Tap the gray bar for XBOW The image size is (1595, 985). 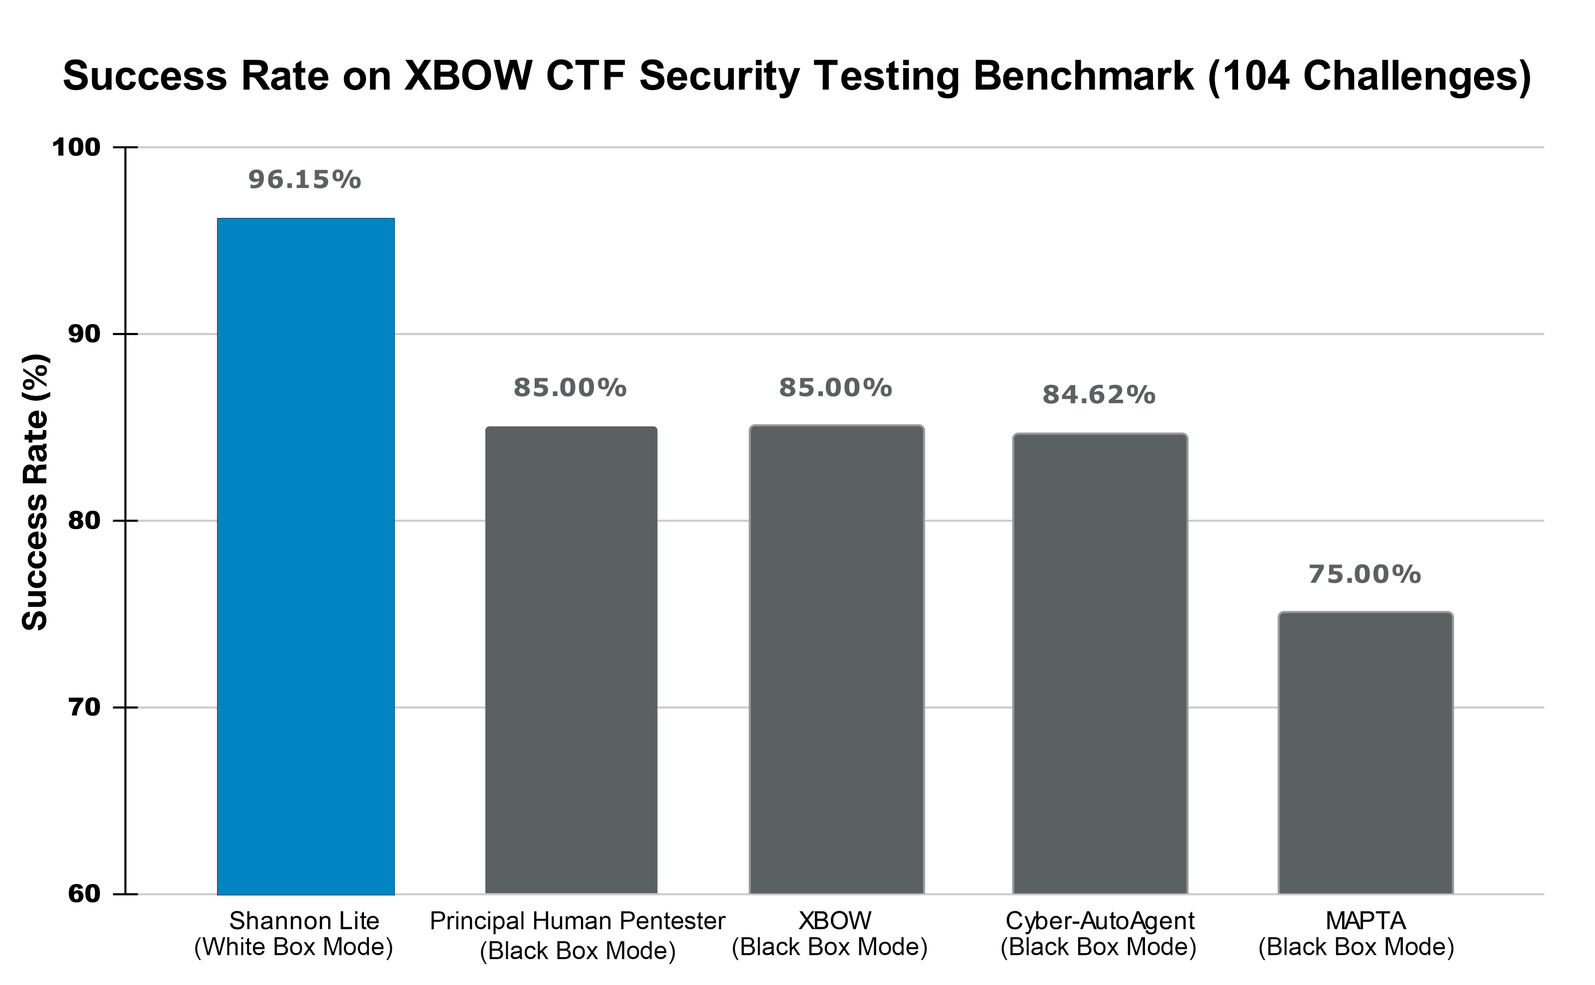click(x=837, y=659)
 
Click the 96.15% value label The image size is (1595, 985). click(x=304, y=180)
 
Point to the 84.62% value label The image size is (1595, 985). click(x=1099, y=395)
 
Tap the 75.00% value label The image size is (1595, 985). click(x=1365, y=574)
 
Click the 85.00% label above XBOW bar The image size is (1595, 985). click(x=835, y=388)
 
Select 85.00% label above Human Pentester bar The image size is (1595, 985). click(x=570, y=388)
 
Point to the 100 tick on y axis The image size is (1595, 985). click(x=76, y=147)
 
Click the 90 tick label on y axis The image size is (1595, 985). click(x=85, y=334)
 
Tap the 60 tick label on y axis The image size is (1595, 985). click(x=85, y=894)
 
